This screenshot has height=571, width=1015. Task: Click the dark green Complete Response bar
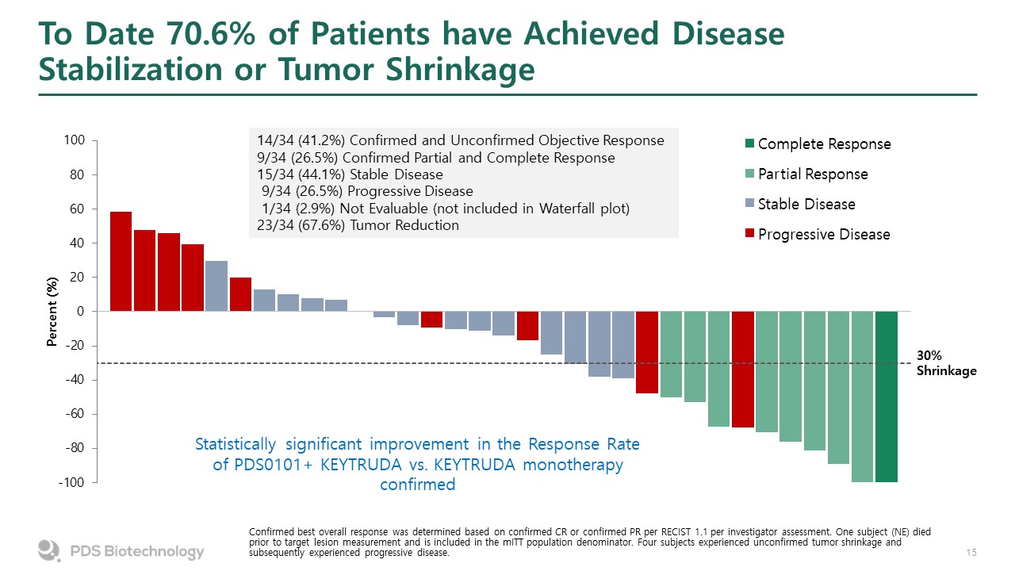887,397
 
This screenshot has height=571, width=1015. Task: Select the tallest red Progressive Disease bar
121,262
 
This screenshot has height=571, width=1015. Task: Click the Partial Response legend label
813,174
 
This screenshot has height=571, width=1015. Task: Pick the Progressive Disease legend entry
824,235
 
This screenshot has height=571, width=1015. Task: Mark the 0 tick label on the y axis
80,312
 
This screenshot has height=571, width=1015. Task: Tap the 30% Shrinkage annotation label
946,364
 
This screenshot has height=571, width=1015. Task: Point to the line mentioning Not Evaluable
446,208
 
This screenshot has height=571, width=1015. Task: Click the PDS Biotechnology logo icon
49,550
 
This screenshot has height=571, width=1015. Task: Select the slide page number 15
971,551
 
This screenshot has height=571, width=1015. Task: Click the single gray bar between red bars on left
216,285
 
